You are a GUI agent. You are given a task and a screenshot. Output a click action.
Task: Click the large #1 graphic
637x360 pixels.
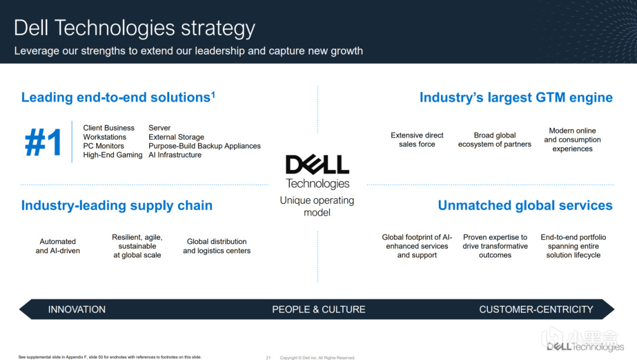tap(43, 142)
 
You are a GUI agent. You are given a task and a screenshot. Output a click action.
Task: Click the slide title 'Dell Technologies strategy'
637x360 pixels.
tap(134, 28)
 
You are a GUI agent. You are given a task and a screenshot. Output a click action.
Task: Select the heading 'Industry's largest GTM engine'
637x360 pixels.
tap(516, 97)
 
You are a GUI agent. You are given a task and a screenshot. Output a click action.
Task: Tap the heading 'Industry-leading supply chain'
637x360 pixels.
tap(117, 205)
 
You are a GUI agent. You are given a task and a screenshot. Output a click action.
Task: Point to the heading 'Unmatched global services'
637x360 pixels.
tap(525, 205)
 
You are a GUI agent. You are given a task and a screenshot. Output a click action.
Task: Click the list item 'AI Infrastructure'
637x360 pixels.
tap(175, 155)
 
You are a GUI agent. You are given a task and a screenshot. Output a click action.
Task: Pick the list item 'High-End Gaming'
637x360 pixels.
tap(113, 155)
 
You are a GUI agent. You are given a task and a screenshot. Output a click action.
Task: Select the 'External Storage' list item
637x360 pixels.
tap(176, 137)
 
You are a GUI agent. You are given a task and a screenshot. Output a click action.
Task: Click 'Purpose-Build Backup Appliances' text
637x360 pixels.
tap(204, 146)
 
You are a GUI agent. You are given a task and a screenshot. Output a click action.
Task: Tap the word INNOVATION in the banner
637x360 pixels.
tap(77, 310)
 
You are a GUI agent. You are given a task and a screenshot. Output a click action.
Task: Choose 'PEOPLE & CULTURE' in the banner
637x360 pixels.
tap(318, 310)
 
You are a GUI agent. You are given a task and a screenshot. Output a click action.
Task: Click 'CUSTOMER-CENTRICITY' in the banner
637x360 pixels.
tap(536, 310)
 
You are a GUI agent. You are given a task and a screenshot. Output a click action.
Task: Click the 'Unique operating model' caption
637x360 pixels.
tap(317, 207)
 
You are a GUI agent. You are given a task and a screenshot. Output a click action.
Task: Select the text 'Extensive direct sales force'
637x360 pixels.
tap(417, 140)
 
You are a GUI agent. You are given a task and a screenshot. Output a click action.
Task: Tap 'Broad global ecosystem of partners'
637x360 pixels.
tap(494, 140)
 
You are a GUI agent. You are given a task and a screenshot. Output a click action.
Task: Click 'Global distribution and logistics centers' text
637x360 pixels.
tap(216, 246)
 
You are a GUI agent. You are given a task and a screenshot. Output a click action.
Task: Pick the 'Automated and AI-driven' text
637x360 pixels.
tap(58, 246)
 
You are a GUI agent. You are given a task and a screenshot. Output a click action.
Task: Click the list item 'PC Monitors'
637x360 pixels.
tap(104, 146)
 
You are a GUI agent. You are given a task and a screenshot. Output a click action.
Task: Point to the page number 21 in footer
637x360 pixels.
tap(268, 358)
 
